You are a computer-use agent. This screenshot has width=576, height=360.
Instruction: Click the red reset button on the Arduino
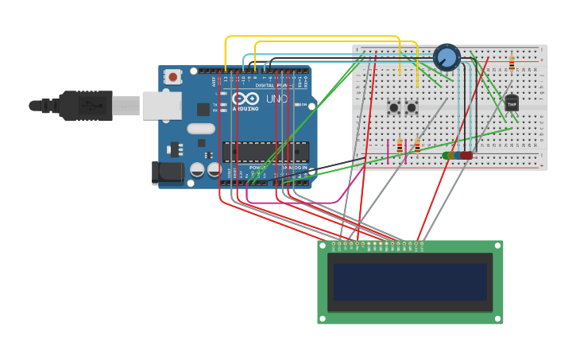[172, 77]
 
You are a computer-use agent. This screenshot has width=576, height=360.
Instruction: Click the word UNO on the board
[276, 99]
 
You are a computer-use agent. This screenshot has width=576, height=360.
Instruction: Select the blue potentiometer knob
[446, 57]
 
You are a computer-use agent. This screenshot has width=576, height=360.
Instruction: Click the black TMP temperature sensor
[511, 103]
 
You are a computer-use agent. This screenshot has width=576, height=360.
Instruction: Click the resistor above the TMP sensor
[511, 62]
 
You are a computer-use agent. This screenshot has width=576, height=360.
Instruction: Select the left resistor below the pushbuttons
[399, 146]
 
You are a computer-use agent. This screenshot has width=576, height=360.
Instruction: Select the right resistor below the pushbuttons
[417, 146]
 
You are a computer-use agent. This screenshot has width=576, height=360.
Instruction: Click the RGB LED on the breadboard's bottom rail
[458, 156]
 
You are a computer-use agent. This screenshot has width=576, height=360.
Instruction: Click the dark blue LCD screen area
[409, 282]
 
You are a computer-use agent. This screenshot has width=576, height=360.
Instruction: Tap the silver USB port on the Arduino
[161, 105]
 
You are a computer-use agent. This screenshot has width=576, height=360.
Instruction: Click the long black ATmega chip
[265, 151]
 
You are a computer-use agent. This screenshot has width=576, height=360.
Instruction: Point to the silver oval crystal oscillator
[201, 128]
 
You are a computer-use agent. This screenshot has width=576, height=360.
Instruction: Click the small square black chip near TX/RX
[203, 109]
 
